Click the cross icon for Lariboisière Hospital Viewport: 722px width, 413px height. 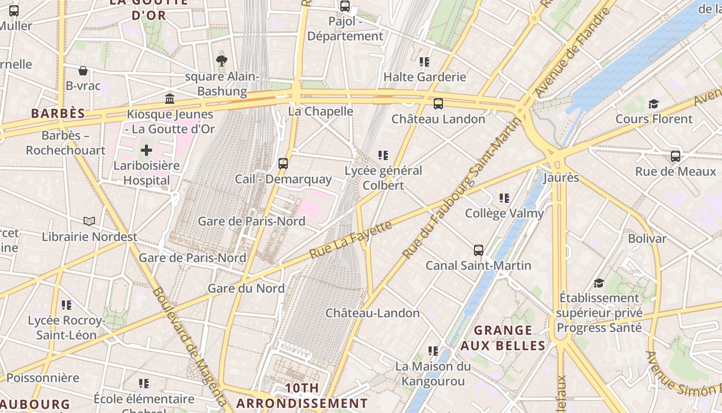coord(146,151)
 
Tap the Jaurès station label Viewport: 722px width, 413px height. coord(561,178)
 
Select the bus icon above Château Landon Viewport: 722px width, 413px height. coord(438,104)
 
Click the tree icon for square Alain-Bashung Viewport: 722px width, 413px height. coord(222,61)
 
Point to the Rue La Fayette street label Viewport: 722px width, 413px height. coord(350,240)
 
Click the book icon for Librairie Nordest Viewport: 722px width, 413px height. coord(89,221)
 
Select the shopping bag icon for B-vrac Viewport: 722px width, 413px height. coord(83,71)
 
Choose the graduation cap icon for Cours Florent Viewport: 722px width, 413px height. coord(653,104)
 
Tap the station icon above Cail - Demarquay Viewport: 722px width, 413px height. coord(283,164)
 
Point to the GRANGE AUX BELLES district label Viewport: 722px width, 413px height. coord(503,338)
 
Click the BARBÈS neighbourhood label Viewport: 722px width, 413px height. coord(58,114)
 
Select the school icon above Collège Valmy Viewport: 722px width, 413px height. coord(504,198)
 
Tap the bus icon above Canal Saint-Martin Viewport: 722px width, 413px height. coord(479,250)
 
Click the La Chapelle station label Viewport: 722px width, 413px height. coord(320,112)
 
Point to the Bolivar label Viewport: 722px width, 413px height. coord(647,239)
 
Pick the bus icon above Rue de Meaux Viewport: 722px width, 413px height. coord(676,156)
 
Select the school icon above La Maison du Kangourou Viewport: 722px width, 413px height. coord(433,352)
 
